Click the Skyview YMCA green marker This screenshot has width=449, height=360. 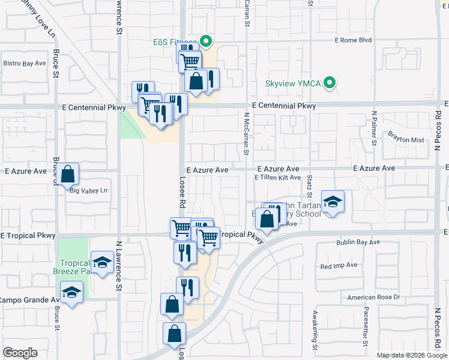point(329,83)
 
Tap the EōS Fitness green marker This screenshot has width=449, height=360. point(206,42)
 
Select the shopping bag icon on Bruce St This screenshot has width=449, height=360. point(69,175)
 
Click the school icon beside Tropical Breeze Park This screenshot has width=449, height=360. point(102,262)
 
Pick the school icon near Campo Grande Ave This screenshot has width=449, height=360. point(72,293)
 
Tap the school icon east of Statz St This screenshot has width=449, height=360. point(332,202)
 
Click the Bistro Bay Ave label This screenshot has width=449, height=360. point(25,63)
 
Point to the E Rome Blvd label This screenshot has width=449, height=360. point(353,41)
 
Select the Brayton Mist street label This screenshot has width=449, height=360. point(405,137)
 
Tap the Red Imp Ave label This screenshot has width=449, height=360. point(339,265)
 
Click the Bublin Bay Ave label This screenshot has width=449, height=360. point(358,242)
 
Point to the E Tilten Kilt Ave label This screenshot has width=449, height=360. point(277,178)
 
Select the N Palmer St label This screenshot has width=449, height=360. point(374,128)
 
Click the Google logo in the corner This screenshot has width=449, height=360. point(20,353)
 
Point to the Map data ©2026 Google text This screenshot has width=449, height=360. point(411,355)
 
